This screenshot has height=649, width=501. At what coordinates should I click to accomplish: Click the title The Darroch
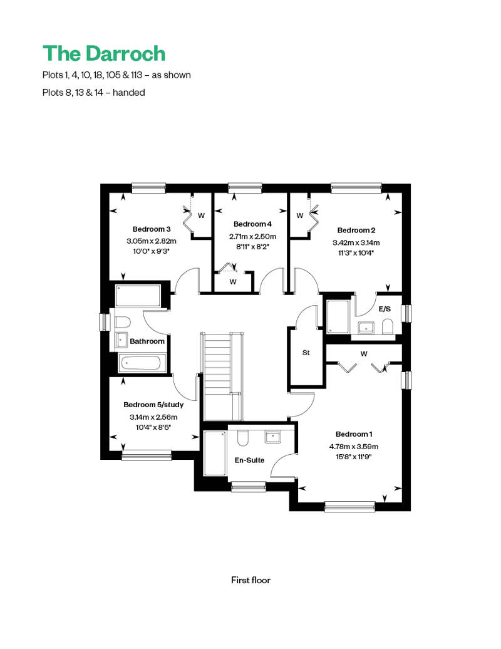click(x=104, y=53)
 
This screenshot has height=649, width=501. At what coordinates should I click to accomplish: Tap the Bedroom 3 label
click(x=152, y=229)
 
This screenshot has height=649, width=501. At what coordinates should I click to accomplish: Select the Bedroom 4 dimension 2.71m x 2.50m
click(x=253, y=237)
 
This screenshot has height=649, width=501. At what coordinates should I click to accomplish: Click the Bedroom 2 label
click(x=356, y=230)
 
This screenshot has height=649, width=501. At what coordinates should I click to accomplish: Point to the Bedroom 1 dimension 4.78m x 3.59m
click(x=354, y=447)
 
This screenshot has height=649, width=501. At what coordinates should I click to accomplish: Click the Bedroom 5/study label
click(x=153, y=405)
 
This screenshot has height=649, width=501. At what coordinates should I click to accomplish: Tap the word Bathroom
click(x=147, y=341)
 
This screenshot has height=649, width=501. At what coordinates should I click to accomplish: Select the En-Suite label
click(x=249, y=460)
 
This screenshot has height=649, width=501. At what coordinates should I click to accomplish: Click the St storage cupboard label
click(x=306, y=353)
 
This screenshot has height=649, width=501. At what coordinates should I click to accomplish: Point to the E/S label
click(x=385, y=309)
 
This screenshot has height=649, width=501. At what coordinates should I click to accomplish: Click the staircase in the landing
click(x=222, y=376)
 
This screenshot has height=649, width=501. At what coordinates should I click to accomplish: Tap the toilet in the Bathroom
click(x=123, y=323)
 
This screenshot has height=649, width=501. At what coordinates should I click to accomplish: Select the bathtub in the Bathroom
click(x=139, y=363)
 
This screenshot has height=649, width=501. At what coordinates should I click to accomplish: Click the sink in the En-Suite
click(x=273, y=437)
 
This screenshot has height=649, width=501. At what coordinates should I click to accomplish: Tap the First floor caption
click(x=250, y=580)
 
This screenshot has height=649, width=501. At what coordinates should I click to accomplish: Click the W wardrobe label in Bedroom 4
click(x=233, y=282)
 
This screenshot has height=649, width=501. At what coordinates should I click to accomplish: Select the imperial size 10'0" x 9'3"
click(x=152, y=251)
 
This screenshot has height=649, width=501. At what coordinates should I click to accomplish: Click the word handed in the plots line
click(x=128, y=92)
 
